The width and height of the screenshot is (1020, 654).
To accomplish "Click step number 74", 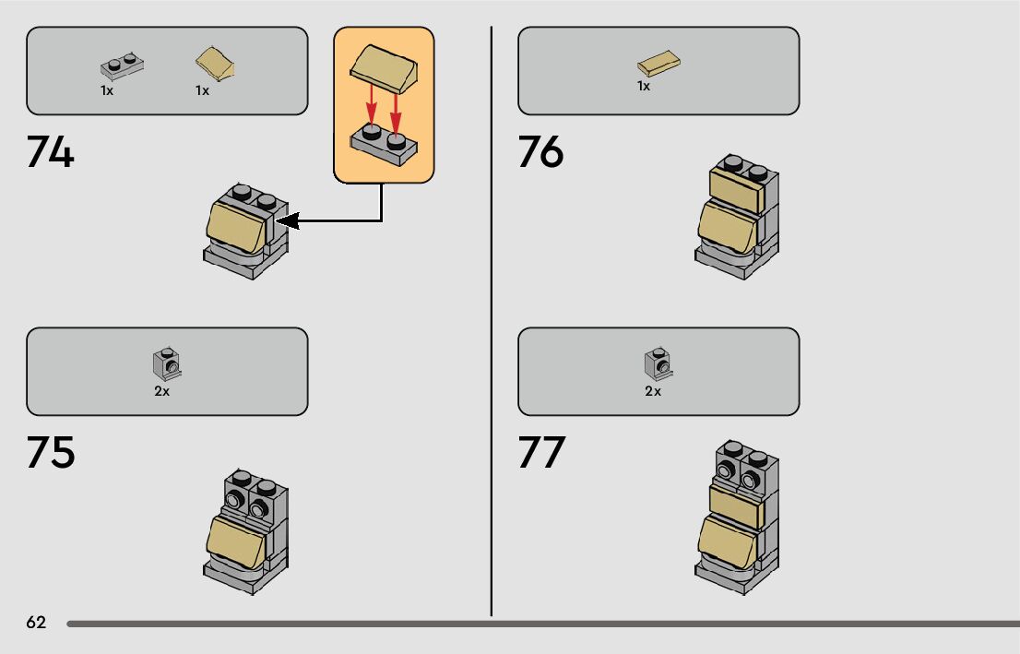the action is pyautogui.click(x=50, y=152).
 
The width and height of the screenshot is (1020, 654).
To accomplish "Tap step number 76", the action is pyautogui.click(x=540, y=152).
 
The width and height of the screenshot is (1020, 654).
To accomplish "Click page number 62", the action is pyautogui.click(x=36, y=623).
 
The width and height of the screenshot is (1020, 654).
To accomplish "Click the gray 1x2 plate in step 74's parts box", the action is pyautogui.click(x=123, y=66).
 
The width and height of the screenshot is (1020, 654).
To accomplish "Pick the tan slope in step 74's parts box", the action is pyautogui.click(x=216, y=65).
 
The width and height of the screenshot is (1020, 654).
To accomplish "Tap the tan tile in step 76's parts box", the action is pyautogui.click(x=659, y=65).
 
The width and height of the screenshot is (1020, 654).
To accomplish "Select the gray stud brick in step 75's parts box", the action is pyautogui.click(x=166, y=364).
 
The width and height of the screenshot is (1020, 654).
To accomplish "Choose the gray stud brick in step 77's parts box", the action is pyautogui.click(x=657, y=364).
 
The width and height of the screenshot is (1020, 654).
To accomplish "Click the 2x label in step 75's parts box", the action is pyautogui.click(x=162, y=391).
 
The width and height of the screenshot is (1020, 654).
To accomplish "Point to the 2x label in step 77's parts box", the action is pyautogui.click(x=653, y=391).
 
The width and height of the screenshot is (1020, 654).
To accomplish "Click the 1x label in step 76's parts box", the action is pyautogui.click(x=644, y=86).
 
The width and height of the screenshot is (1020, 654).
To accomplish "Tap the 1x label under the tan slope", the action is pyautogui.click(x=202, y=90).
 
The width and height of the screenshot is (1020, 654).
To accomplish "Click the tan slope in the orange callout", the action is pyautogui.click(x=385, y=69).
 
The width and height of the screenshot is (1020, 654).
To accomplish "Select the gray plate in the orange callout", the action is pyautogui.click(x=384, y=145).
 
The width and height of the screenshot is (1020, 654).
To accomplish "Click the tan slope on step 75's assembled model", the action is pyautogui.click(x=236, y=539).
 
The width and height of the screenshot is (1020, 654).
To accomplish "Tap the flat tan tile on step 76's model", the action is pyautogui.click(x=735, y=192).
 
